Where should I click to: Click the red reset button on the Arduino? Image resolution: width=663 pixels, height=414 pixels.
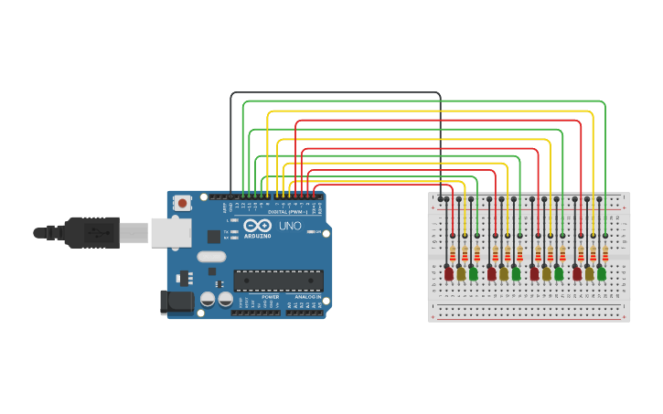pos(182,203)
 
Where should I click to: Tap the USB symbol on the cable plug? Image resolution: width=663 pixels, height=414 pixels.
pos(94,233)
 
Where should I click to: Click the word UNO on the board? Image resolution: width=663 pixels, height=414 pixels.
pos(290,226)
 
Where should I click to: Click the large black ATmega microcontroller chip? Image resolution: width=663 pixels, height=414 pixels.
pos(278,281)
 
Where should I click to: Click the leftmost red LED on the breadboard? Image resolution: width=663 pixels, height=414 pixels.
pos(448,273)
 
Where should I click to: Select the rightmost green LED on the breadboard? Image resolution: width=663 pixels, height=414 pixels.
pos(602,273)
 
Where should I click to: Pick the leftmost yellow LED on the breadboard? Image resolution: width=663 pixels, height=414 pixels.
pos(461,273)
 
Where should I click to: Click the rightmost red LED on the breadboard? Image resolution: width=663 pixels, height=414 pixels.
pos(577,273)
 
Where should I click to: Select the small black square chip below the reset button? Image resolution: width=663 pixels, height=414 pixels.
pos(213,237)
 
